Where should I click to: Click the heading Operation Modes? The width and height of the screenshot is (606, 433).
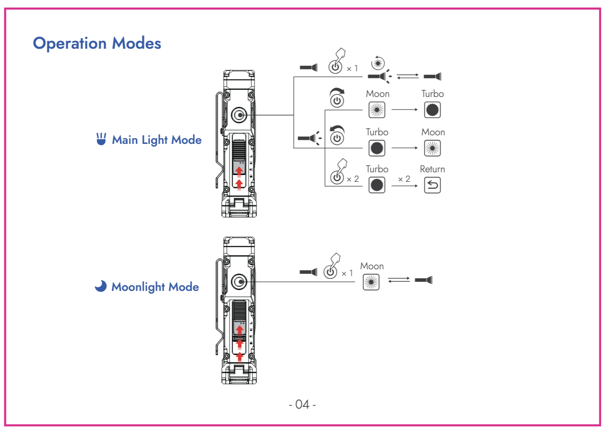tap(97, 43)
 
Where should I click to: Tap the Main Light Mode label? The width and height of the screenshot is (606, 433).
tap(156, 140)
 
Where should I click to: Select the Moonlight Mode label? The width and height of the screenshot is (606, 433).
tap(155, 287)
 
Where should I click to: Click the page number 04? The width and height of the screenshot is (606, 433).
tap(302, 404)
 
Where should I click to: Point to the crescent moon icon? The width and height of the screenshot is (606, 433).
tap(100, 286)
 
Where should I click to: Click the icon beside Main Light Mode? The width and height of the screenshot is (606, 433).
tap(101, 139)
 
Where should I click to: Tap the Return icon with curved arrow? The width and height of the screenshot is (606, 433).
tap(432, 185)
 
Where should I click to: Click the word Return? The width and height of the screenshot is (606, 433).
tap(432, 169)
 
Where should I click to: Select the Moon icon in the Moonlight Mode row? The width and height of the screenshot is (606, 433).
tap(371, 282)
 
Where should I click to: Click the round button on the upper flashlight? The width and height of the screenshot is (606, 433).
tap(239, 115)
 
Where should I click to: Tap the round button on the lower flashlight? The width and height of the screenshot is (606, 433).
tap(239, 282)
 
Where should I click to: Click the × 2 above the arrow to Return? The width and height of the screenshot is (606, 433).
tap(404, 179)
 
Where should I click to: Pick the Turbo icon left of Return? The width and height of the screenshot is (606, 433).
tap(377, 185)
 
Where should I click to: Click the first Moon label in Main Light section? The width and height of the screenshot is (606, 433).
tap(378, 94)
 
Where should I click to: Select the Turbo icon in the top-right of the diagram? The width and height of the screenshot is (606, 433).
tap(432, 110)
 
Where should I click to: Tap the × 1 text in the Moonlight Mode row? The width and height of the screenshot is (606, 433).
tap(347, 273)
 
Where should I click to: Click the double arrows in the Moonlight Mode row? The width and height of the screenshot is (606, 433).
tap(399, 280)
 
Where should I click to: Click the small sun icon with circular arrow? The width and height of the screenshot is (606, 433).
tap(378, 63)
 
